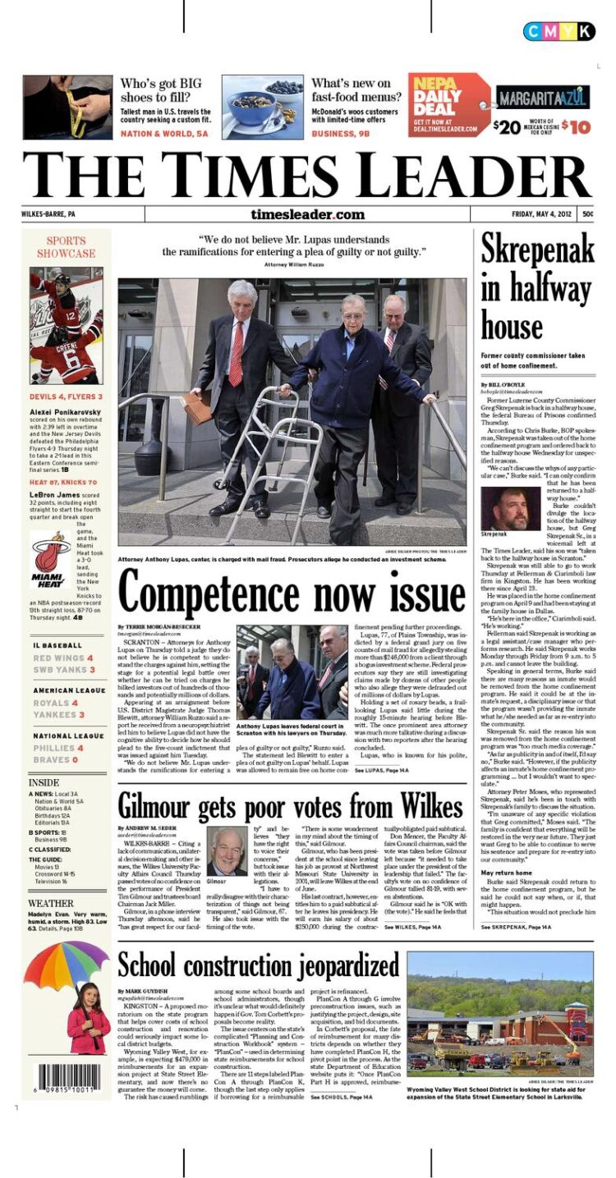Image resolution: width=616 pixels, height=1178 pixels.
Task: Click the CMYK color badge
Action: pyautogui.click(x=559, y=31)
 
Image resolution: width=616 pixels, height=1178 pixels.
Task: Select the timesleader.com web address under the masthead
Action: pyautogui.click(x=307, y=214)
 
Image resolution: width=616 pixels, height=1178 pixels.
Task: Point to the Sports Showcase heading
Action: pyautogui.click(x=66, y=247)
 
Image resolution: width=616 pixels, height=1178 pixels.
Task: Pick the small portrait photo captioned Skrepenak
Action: pyautogui.click(x=505, y=509)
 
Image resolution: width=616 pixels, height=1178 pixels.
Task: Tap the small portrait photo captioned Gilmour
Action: pyautogui.click(x=227, y=850)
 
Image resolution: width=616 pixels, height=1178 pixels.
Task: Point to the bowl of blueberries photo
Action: pyautogui.click(x=262, y=107)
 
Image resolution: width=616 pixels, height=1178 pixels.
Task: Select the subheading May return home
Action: pyautogui.click(x=506, y=873)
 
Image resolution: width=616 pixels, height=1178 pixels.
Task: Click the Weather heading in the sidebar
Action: pyautogui.click(x=51, y=903)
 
